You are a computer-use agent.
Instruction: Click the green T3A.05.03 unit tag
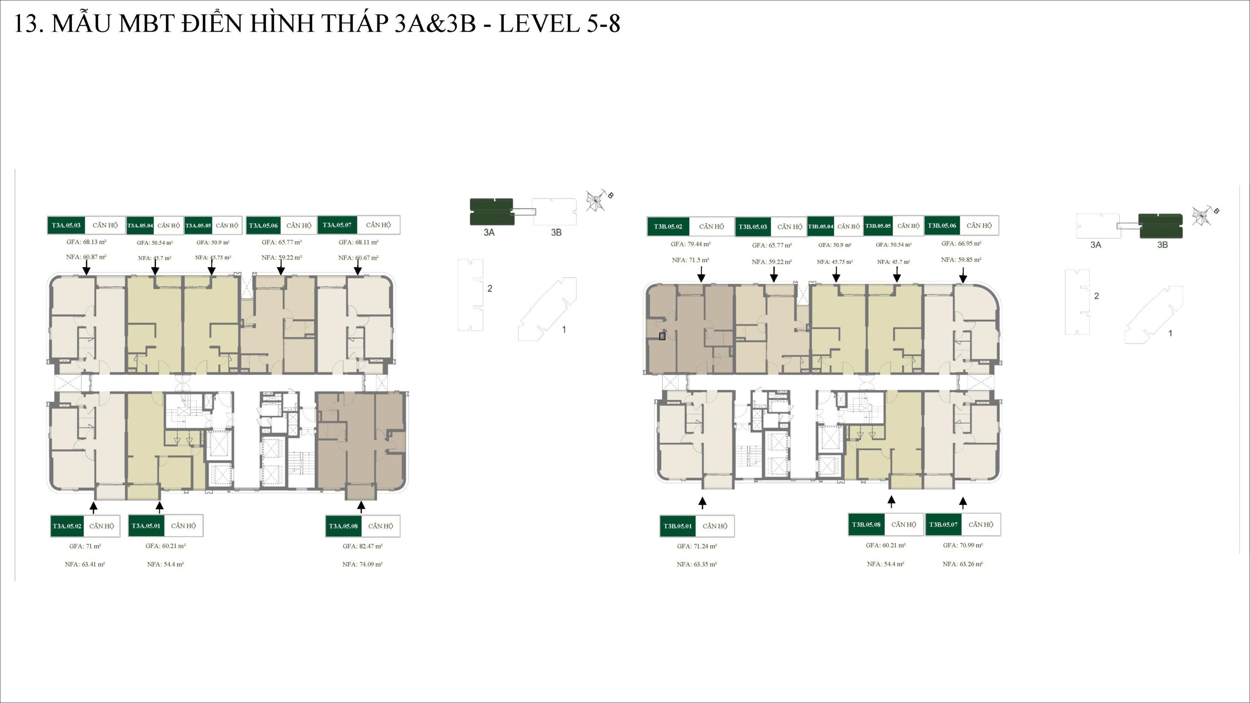click(x=66, y=225)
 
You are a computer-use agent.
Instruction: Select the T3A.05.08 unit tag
click(x=343, y=526)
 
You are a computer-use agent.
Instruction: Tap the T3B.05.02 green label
click(x=668, y=227)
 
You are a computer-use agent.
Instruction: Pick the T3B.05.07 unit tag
click(x=943, y=524)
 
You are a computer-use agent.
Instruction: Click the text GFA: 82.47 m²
click(x=362, y=546)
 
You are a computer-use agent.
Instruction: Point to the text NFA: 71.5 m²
click(x=690, y=260)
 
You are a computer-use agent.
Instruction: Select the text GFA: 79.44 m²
click(x=690, y=244)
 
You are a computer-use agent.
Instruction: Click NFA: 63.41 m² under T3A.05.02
click(x=85, y=564)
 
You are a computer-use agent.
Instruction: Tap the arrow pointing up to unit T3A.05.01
click(x=159, y=507)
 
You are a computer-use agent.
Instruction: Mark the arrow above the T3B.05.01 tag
click(x=702, y=503)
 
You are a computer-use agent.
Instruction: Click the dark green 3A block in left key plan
click(x=491, y=211)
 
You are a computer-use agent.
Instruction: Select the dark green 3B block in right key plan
click(x=1161, y=226)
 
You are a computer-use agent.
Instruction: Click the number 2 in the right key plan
click(x=1096, y=296)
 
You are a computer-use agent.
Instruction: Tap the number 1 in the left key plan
click(x=564, y=330)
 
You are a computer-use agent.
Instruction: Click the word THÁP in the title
click(x=347, y=23)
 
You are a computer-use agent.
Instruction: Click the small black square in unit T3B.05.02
click(x=662, y=336)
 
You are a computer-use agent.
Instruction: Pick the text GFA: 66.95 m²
click(x=961, y=244)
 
